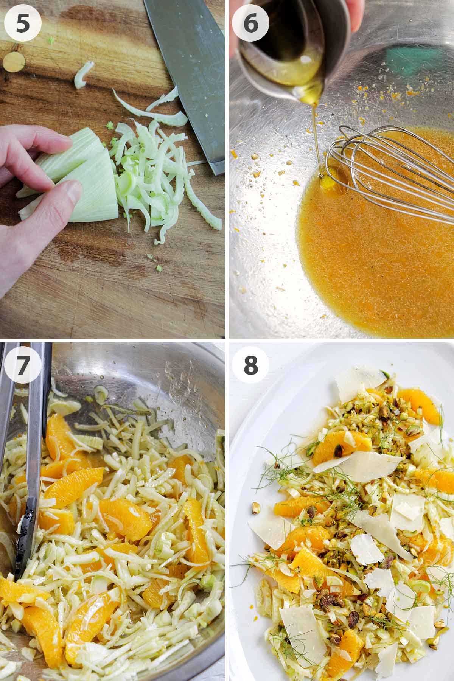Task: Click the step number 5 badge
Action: (x=22, y=22)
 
